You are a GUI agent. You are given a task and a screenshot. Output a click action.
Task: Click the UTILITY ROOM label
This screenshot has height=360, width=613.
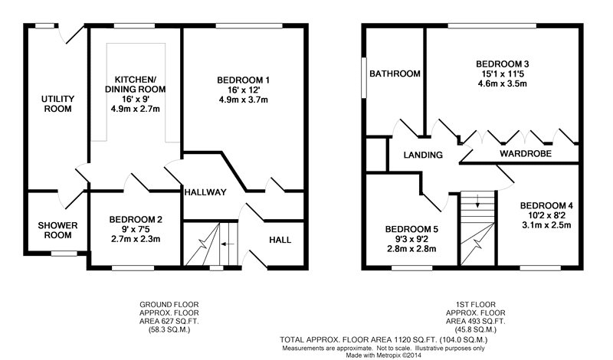[58, 103]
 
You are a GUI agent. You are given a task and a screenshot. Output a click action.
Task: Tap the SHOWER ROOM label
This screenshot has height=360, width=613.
[58, 231]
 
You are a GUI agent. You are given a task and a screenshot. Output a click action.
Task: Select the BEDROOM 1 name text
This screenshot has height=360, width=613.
[243, 80]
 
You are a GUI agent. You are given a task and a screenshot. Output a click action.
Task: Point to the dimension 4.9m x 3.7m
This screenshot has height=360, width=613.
[243, 100]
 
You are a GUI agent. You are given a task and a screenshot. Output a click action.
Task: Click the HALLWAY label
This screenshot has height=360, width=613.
[205, 192]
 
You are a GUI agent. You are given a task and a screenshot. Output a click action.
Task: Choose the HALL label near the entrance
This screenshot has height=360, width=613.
[280, 240]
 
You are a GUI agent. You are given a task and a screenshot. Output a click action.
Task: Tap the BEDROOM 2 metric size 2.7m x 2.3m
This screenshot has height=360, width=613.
[136, 239]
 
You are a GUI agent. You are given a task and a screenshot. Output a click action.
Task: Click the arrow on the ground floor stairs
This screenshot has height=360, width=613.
[228, 244]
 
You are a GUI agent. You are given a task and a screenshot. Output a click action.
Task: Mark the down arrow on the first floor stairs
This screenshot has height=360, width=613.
[477, 201]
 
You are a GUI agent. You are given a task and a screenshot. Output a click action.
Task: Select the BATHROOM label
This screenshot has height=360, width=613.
[395, 74]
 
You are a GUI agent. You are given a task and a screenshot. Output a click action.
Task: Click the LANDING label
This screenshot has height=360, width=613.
[423, 155]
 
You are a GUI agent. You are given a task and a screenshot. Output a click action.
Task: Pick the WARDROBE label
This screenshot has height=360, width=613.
[526, 154]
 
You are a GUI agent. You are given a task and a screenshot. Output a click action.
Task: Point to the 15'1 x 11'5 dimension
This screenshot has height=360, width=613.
[503, 74]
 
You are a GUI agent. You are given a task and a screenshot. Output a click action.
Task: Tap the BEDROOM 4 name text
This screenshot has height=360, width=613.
[546, 205]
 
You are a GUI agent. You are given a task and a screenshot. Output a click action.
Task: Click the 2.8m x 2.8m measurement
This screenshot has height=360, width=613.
[411, 249]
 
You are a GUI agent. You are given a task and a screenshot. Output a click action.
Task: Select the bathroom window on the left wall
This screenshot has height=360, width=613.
[364, 77]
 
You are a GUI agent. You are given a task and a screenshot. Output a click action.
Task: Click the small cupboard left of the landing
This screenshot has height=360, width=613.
[376, 154]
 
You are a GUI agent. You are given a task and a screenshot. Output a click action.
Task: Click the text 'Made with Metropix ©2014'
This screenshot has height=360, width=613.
[383, 355]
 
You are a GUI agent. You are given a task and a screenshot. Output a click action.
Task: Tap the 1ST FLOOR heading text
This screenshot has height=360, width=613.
[475, 304]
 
